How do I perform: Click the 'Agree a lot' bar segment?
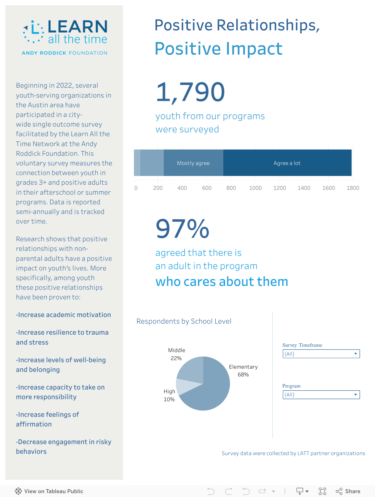[x=287, y=163]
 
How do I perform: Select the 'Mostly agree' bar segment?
[x=193, y=163]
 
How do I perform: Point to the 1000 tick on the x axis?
[x=255, y=188]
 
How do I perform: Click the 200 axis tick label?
[x=158, y=188]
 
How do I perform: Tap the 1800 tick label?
[x=353, y=188]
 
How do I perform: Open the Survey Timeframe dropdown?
[x=321, y=354]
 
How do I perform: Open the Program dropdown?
[x=321, y=395]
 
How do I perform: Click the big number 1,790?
[x=190, y=92]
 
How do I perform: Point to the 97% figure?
[x=183, y=229]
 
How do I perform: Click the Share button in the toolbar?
[x=348, y=491]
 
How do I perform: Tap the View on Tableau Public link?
[x=49, y=491]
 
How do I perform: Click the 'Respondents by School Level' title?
[x=184, y=321]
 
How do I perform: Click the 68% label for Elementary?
[x=243, y=375]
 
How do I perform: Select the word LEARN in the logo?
[x=77, y=26]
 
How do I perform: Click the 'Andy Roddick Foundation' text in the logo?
[x=65, y=53]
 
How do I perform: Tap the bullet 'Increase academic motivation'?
[x=63, y=315]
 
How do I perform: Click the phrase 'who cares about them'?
[x=222, y=282]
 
